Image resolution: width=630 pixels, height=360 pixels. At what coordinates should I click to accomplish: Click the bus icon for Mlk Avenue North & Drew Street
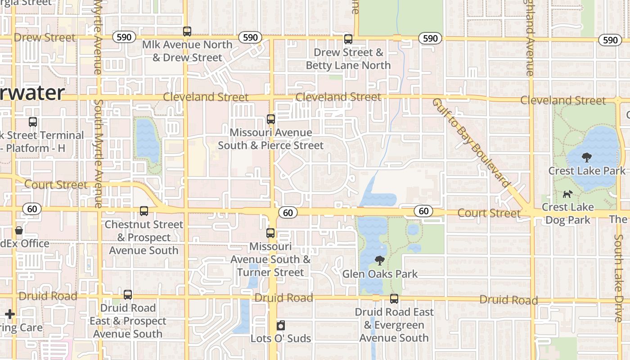click(x=187, y=31)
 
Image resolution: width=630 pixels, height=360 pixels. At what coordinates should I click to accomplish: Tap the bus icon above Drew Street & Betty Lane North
click(x=348, y=39)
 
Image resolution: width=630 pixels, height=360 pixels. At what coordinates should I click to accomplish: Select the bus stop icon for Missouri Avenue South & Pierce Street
click(x=271, y=119)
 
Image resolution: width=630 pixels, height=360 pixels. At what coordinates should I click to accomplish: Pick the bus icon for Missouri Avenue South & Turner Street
click(x=270, y=233)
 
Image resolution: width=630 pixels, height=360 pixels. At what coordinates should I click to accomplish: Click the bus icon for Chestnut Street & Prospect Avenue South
click(x=144, y=211)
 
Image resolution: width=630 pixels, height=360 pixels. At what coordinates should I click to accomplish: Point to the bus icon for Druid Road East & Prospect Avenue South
click(x=128, y=295)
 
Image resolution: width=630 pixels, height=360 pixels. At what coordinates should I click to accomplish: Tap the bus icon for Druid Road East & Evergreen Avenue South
click(x=394, y=298)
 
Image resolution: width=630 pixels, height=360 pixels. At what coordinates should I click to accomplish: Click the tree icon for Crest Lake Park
click(x=586, y=157)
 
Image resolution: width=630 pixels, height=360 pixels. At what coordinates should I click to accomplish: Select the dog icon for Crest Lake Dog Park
click(x=568, y=194)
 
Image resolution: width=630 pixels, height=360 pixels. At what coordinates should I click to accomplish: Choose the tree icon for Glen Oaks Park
click(x=380, y=260)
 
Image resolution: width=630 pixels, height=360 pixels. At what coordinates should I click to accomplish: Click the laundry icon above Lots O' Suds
click(x=281, y=325)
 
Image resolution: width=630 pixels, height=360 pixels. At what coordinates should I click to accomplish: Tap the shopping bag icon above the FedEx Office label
click(x=19, y=230)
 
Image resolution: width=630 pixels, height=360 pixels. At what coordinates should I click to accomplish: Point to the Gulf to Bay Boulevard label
click(x=471, y=142)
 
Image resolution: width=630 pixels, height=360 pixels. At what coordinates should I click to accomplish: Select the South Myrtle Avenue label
click(x=98, y=153)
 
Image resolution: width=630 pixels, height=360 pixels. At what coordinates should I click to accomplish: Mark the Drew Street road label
click(x=45, y=37)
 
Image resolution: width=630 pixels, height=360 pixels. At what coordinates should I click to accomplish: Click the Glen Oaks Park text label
click(x=380, y=274)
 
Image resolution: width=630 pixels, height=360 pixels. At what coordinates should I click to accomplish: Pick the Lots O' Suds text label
click(x=281, y=338)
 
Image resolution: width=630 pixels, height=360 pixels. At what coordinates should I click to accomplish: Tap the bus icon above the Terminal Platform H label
click(x=32, y=121)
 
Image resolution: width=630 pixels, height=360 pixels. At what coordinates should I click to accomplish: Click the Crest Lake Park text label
click(x=586, y=171)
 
